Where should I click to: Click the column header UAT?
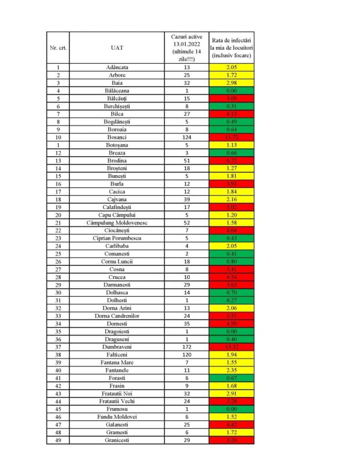[117, 48]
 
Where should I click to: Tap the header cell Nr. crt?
[58, 48]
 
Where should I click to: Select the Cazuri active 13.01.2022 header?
[187, 48]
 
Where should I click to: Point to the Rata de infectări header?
[231, 48]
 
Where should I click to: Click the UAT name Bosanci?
[117, 137]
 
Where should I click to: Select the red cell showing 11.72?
[231, 137]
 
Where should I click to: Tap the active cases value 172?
[187, 347]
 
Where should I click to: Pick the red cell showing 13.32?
[231, 347]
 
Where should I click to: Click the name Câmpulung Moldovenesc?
[117, 223]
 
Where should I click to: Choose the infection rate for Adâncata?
[231, 67]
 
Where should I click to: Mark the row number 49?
[58, 440]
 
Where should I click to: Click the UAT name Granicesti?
[117, 440]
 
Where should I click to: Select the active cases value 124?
[187, 137]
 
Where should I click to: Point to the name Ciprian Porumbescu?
[117, 238]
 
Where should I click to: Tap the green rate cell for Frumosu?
[231, 409]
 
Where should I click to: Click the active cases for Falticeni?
[187, 355]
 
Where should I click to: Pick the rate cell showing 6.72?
[231, 161]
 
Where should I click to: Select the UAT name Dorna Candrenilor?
[117, 316]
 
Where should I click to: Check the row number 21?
[58, 223]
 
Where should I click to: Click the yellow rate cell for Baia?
[231, 83]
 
